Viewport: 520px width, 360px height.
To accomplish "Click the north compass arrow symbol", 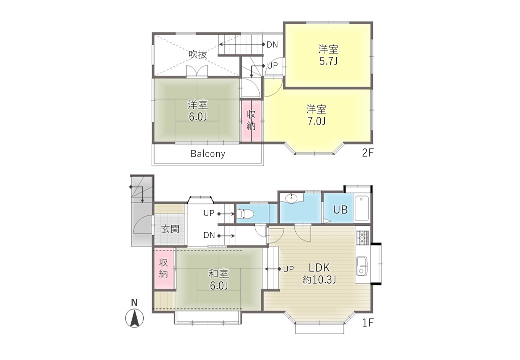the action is pyautogui.click(x=134, y=318).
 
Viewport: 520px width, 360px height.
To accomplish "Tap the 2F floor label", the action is pyautogui.click(x=368, y=152).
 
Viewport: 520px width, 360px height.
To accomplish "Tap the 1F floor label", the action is pyautogui.click(x=368, y=322).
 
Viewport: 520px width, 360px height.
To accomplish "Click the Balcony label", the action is pyautogui.click(x=208, y=153).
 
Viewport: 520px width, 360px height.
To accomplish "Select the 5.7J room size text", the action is pyautogui.click(x=328, y=61).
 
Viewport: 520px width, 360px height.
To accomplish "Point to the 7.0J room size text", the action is pyautogui.click(x=316, y=121).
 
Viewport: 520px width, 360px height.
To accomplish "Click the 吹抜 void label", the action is pyautogui.click(x=198, y=54).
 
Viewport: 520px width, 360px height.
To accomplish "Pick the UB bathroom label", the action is pyautogui.click(x=340, y=209).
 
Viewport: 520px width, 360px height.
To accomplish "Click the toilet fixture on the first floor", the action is pyautogui.click(x=245, y=214).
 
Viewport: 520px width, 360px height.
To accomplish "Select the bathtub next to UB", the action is pyautogui.click(x=362, y=208).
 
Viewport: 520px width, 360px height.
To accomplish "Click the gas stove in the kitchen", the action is pyautogui.click(x=362, y=237).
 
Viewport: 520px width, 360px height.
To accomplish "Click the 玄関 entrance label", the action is pyautogui.click(x=170, y=229).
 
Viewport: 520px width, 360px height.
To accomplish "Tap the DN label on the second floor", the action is pyautogui.click(x=272, y=44).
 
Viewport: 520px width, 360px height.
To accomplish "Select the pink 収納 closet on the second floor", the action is pyautogui.click(x=251, y=121).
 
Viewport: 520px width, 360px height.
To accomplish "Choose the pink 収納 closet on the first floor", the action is pyautogui.click(x=164, y=269).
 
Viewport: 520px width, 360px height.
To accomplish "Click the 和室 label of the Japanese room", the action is pyautogui.click(x=219, y=274).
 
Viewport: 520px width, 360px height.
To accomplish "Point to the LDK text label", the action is pyautogui.click(x=319, y=267).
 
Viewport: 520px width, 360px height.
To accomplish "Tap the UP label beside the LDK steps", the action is pyautogui.click(x=288, y=269).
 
